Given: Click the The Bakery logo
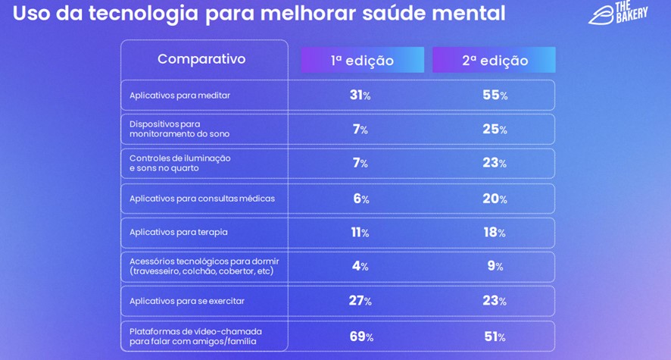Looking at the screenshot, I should (619, 13).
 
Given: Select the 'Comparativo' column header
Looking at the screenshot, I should (201, 59).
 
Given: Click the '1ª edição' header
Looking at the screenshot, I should (362, 61).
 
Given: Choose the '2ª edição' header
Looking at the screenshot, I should (495, 61).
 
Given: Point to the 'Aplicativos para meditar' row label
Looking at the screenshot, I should (179, 95).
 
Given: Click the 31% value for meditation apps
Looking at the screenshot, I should (360, 95).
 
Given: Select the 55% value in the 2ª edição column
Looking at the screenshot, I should (495, 95).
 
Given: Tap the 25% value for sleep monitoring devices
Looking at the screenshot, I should (495, 130).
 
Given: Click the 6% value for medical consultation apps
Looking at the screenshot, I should (360, 199).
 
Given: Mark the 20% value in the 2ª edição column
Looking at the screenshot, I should (495, 199).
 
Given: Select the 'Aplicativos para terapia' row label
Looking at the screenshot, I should (179, 232).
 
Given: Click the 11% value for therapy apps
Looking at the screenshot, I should (360, 233).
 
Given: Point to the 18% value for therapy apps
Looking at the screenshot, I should (495, 233).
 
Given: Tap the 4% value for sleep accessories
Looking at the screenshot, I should (360, 266).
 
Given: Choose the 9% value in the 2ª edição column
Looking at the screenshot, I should (495, 266).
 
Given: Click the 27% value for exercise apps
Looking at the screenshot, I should (360, 301).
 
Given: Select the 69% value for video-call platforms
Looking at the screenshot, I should (360, 337).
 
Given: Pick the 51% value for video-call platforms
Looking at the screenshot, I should (495, 337).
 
